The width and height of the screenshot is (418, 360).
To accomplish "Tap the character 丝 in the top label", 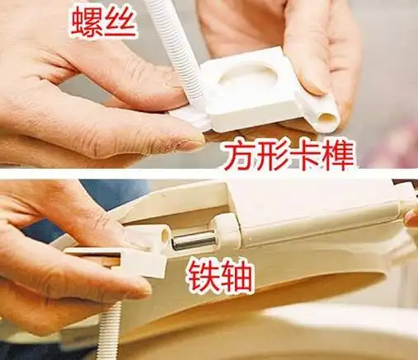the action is coord(120,22).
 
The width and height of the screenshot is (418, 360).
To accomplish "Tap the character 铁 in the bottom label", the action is coord(203,276).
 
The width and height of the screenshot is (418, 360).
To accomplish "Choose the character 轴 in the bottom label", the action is coord(236,276).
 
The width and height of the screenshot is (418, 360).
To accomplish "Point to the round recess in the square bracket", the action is coord(247,82).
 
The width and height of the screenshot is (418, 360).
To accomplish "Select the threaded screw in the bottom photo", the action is coord(110,330).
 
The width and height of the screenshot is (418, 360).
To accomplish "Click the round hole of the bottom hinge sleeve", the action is coord(166,235).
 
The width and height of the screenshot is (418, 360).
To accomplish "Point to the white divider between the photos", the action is coord(209,173).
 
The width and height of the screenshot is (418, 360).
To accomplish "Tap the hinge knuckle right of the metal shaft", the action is coord(225,231).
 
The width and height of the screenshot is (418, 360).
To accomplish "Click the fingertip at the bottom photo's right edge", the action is coord(412,218).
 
